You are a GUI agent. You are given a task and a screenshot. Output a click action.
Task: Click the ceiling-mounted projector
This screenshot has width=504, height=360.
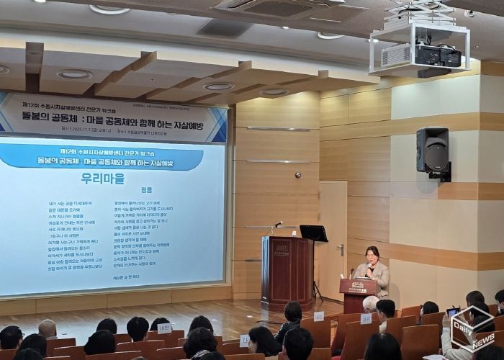click(x=431, y=55)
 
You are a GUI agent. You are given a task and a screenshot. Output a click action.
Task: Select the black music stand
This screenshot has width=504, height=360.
click(x=313, y=233)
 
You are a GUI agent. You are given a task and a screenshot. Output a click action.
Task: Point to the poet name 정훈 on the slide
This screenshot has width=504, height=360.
click(x=148, y=190)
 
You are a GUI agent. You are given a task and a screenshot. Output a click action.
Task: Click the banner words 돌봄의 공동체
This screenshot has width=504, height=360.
click(x=63, y=117)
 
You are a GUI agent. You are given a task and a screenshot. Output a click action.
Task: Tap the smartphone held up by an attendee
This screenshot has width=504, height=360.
click(x=452, y=312)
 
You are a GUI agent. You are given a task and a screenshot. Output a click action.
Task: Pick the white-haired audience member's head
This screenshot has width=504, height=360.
click(x=371, y=304)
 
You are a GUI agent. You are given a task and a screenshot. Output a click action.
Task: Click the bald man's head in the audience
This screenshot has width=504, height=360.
click(x=48, y=328)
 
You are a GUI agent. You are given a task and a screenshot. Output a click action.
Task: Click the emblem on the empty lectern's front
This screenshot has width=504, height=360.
click(x=281, y=247)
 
